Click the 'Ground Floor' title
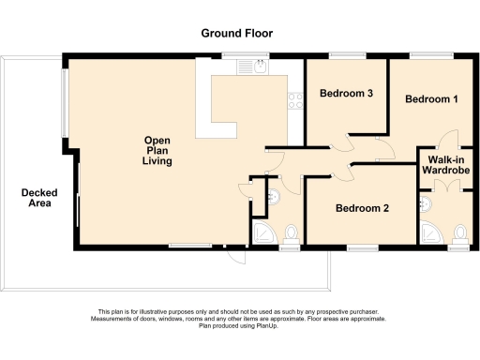click(x=240, y=33)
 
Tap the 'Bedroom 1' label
click(x=431, y=98)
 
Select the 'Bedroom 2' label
click(x=362, y=208)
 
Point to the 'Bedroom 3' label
click(x=346, y=94)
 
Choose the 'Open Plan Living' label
click(x=157, y=151)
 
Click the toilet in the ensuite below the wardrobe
click(x=458, y=232)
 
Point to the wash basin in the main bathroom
click(x=273, y=197)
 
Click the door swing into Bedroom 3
click(x=346, y=142)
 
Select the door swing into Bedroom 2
click(x=343, y=172)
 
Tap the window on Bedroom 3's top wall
click(x=346, y=53)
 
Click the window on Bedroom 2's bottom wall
click(x=361, y=248)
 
